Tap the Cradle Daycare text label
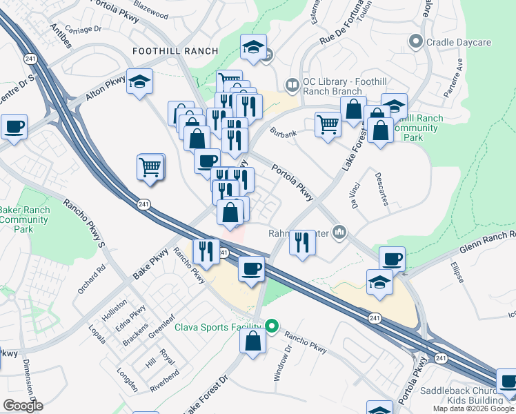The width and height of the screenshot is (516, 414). tap(459, 43)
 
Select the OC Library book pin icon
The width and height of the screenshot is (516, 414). tap(292, 86)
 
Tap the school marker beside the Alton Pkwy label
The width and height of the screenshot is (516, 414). tap(140, 83)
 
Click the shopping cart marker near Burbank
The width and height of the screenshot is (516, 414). tap(328, 126)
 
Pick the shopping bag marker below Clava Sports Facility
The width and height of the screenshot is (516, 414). tap(253, 340)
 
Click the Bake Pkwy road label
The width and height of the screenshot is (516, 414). tap(150, 264)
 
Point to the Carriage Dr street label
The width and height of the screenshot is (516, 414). tap(84, 30)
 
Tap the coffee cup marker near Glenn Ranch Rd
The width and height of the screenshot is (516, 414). tap(392, 259)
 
